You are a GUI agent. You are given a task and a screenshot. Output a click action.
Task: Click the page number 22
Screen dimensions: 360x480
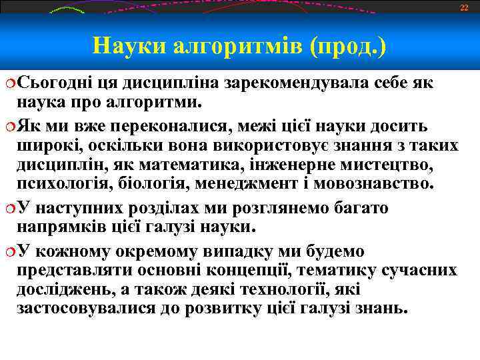[x=464, y=7]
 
